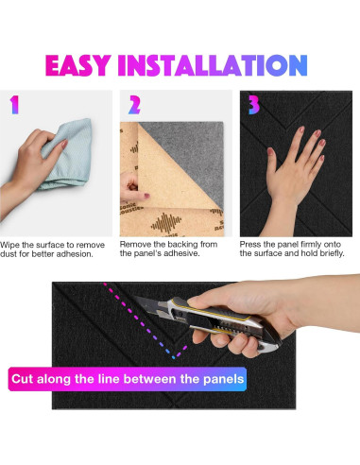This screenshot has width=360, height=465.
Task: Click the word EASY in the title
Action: click(78, 65)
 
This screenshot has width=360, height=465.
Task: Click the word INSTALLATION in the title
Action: click(213, 65)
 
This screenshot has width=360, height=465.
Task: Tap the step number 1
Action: click(14, 105)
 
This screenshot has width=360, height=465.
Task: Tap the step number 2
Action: click(134, 105)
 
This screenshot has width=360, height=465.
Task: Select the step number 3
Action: click(254, 105)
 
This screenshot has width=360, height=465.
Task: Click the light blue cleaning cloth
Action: click(68, 154)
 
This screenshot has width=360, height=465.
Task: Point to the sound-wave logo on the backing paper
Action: click(166, 223)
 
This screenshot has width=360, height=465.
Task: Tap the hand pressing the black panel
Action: click(293, 177)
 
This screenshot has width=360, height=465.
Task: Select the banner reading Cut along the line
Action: click(128, 379)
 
